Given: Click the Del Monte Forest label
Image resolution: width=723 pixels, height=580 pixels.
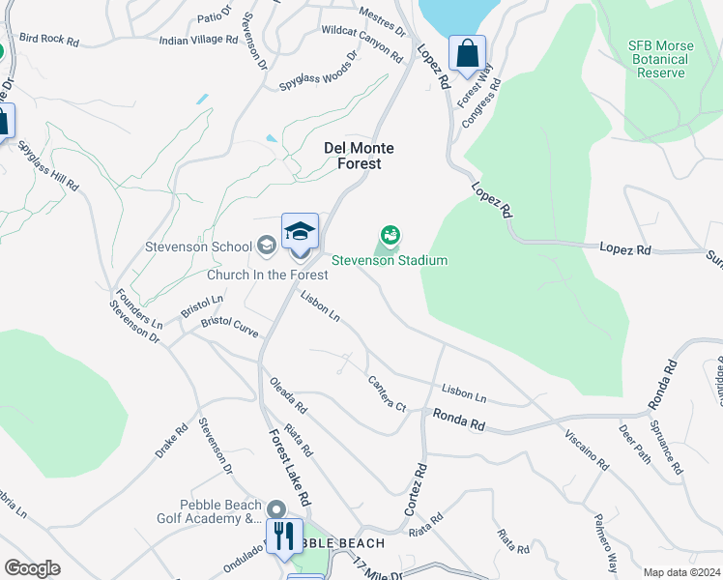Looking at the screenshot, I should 352,156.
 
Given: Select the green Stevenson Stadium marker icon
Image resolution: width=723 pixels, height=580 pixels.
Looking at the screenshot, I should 390,234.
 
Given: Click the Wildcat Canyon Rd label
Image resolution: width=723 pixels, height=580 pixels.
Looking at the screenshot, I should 363,45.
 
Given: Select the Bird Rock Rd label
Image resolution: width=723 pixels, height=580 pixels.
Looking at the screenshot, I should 48,40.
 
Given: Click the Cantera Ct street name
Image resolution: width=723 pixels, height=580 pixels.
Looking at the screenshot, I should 387,393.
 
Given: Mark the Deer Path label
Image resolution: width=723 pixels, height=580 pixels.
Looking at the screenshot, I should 634,444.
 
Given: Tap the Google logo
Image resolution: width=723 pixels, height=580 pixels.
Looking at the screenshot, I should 32,568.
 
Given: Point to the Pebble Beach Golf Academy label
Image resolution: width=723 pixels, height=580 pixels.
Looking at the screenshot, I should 208,511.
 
